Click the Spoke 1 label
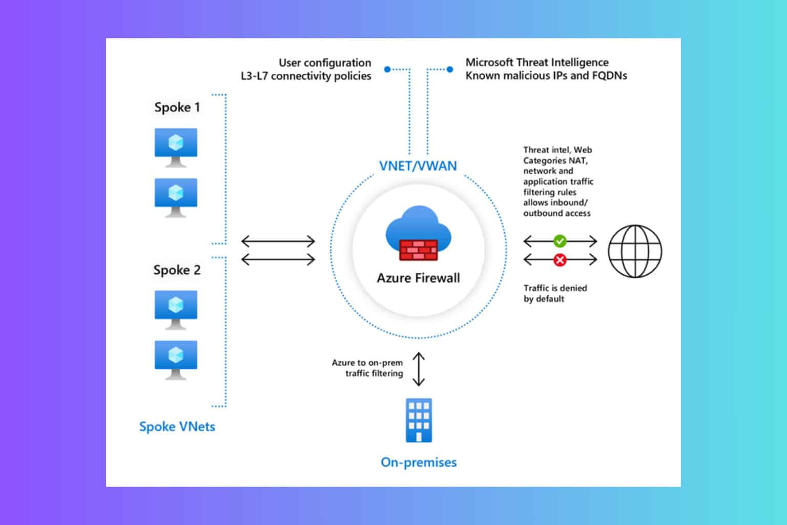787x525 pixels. pos(177,107)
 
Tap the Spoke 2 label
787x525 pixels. pos(177,270)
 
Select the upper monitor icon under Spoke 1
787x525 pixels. pos(176,147)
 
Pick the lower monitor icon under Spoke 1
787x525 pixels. pos(176,197)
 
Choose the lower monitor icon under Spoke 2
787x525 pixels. pos(176,359)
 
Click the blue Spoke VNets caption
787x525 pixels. pos(177,427)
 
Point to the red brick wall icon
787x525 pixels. pos(419,250)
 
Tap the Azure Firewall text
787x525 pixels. pos(419,278)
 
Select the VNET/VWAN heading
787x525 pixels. pos(418,166)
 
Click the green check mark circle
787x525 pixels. pos(560,241)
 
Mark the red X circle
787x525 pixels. pos(560,260)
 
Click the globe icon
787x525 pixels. pos(635,251)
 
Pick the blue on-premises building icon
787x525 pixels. pos(419,420)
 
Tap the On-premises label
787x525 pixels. pos(419,462)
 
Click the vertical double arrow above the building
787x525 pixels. pos(419,369)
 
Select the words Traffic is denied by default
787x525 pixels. pos(555,293)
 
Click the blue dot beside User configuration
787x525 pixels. pos(387,69)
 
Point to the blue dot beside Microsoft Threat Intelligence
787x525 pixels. pos(450,69)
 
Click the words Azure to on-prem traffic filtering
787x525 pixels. pos(367,368)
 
